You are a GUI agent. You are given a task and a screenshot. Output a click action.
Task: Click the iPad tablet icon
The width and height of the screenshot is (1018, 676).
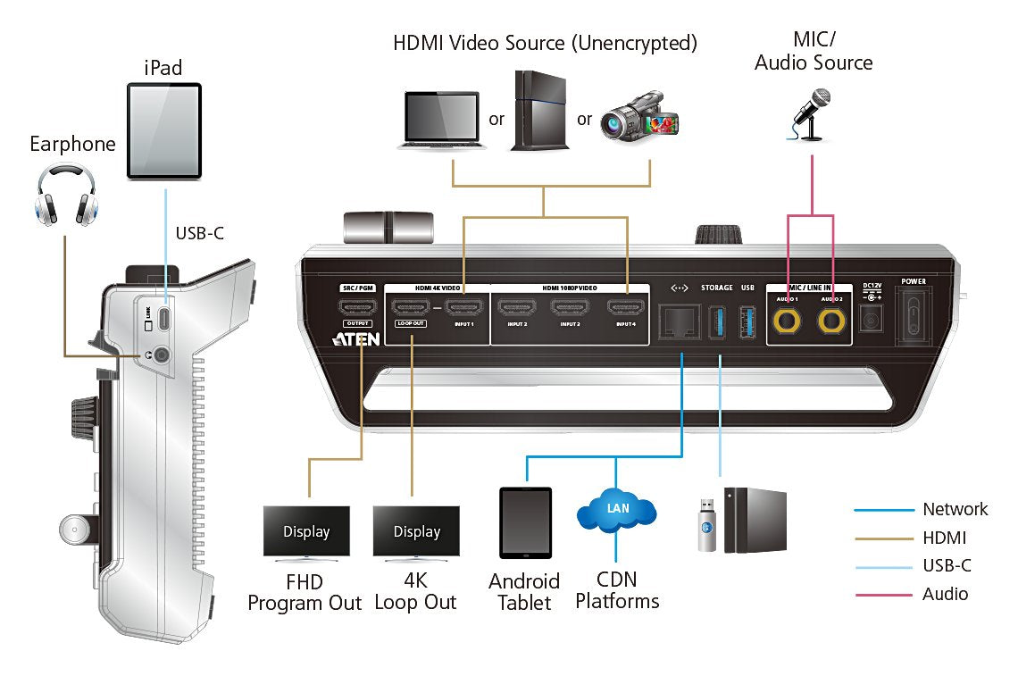point(164,130)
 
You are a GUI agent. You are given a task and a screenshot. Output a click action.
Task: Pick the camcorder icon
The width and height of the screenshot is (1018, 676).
point(640,116)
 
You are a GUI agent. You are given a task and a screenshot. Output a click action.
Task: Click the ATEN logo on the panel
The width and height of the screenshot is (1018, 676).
point(355,339)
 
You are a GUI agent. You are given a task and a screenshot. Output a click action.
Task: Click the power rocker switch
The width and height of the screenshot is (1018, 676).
point(914,318)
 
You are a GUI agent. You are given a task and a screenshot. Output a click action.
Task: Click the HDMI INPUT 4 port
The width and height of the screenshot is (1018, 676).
point(627,309)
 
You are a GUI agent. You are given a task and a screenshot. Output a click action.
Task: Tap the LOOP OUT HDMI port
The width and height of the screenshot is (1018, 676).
point(411,309)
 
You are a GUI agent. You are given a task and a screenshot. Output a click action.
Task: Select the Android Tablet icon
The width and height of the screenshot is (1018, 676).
point(525,522)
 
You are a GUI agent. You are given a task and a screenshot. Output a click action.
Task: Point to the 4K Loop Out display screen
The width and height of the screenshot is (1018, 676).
point(416,530)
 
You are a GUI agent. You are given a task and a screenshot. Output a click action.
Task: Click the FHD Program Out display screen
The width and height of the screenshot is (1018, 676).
point(306,530)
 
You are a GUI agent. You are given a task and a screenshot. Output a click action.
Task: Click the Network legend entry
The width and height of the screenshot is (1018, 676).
point(955,509)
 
